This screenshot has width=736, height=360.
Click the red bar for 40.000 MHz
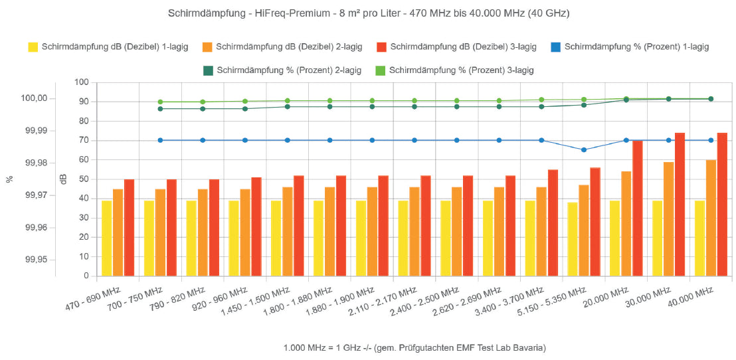[722, 205]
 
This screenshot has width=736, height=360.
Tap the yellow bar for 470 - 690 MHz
[106, 238]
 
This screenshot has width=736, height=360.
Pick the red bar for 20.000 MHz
[638, 208]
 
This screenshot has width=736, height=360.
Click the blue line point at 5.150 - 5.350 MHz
[584, 150]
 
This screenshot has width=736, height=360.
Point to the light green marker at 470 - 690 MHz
[160, 102]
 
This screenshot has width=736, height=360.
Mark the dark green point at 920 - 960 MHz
[245, 108]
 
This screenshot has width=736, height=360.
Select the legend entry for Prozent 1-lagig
[630, 47]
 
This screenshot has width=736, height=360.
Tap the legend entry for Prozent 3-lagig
[455, 69]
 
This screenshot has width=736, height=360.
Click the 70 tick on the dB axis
[82, 140]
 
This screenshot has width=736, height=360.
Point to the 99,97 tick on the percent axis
[35, 195]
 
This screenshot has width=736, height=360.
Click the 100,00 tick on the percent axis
[35, 98]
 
